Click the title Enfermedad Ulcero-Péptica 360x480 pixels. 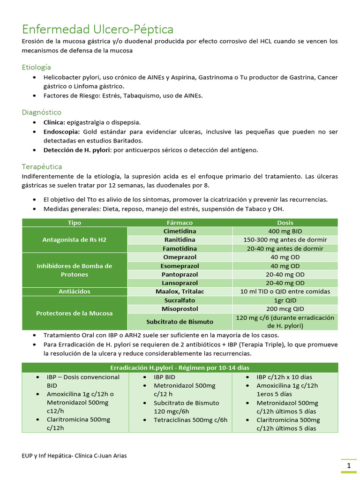click(97, 30)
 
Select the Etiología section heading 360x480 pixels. click(36, 67)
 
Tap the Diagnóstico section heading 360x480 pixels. click(41, 112)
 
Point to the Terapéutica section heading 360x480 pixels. click(42, 166)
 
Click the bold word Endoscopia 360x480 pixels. click(62, 132)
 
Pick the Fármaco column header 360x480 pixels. click(180, 223)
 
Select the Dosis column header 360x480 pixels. click(285, 223)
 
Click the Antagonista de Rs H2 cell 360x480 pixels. click(75, 240)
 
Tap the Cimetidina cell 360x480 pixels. click(180, 232)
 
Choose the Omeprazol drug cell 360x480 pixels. click(180, 257)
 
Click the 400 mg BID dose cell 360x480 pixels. click(285, 232)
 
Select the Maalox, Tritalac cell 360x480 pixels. click(180, 292)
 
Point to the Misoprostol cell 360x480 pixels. click(180, 309)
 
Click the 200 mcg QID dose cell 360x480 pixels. click(285, 309)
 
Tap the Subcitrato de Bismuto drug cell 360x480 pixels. click(180, 322)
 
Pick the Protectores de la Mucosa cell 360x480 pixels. click(75, 313)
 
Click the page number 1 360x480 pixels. click(349, 466)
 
